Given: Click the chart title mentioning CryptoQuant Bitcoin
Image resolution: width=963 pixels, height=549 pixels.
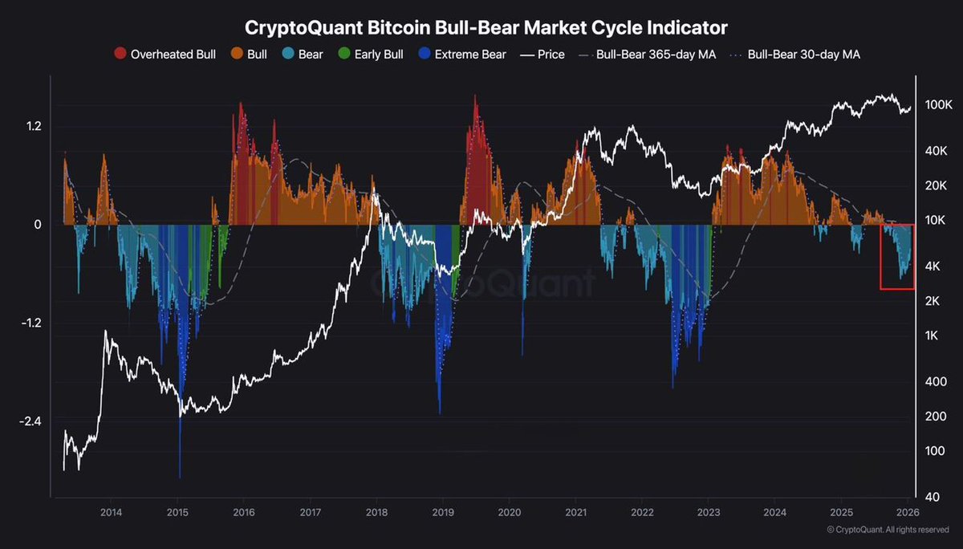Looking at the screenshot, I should click(x=486, y=27).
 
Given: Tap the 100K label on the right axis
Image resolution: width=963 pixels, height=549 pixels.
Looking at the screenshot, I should click(x=937, y=105).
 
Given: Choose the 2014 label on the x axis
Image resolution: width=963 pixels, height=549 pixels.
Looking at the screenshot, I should click(x=112, y=511).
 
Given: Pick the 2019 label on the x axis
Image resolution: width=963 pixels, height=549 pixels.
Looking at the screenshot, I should click(x=443, y=511).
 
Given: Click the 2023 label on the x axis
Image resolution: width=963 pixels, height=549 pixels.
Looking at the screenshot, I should click(x=708, y=511).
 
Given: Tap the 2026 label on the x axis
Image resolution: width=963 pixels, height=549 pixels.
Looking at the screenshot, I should click(x=907, y=511).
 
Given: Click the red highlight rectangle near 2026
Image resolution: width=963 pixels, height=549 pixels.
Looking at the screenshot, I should click(x=897, y=257).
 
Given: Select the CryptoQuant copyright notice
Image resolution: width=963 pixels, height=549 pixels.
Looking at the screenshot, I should click(x=888, y=530).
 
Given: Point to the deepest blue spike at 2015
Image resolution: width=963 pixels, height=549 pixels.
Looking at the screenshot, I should click(x=180, y=474).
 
